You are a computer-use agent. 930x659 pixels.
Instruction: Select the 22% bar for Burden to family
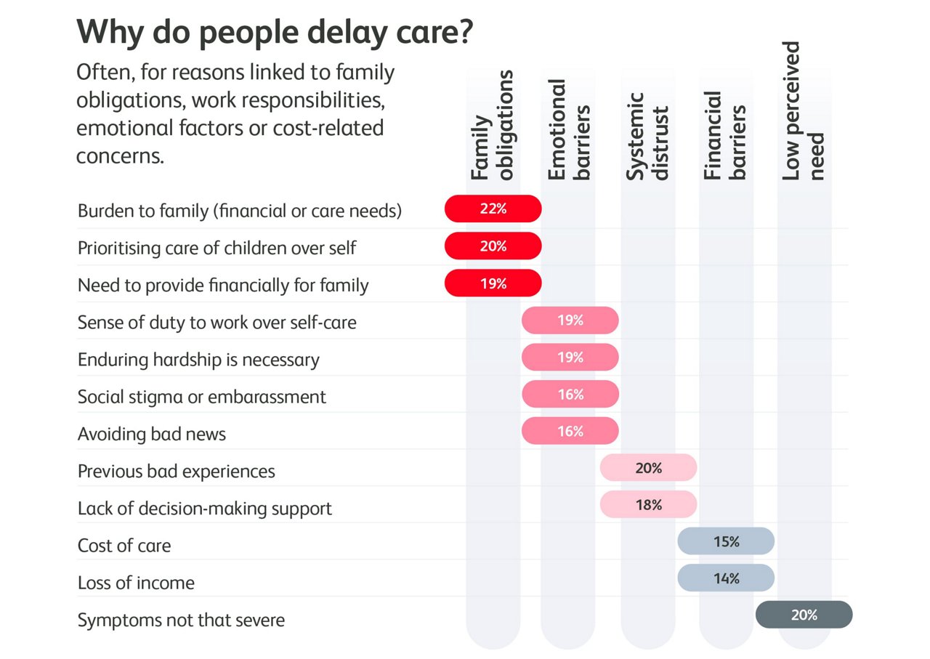coord(493,209)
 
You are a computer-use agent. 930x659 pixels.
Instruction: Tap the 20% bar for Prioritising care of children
coord(493,246)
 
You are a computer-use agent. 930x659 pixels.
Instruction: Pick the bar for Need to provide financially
coord(493,283)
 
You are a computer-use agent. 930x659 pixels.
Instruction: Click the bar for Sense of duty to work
coord(570,320)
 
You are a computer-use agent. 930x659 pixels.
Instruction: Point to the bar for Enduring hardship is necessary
coord(570,357)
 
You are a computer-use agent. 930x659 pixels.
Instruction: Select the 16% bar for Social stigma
coord(570,394)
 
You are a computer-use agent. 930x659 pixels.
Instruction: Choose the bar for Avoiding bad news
coord(570,431)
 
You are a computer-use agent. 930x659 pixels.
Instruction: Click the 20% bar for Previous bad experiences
coord(648,468)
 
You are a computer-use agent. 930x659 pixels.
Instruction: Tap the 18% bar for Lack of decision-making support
coord(648,505)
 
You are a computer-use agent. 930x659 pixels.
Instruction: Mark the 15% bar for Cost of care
coord(726,541)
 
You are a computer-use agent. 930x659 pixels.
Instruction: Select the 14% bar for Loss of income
coord(726,578)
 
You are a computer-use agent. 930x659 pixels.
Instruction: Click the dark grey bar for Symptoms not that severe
coord(804,615)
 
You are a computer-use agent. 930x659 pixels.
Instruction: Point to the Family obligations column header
coord(492,125)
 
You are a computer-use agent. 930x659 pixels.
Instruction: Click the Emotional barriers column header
coord(569,129)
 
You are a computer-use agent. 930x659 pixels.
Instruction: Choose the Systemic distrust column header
coord(647,136)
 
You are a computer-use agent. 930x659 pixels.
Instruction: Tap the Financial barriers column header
coord(724,134)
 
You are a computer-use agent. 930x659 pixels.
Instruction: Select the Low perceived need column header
coord(802,110)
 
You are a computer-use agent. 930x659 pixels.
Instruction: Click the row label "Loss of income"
coord(136,583)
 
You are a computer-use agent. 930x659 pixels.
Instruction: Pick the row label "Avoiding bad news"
coord(152,434)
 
